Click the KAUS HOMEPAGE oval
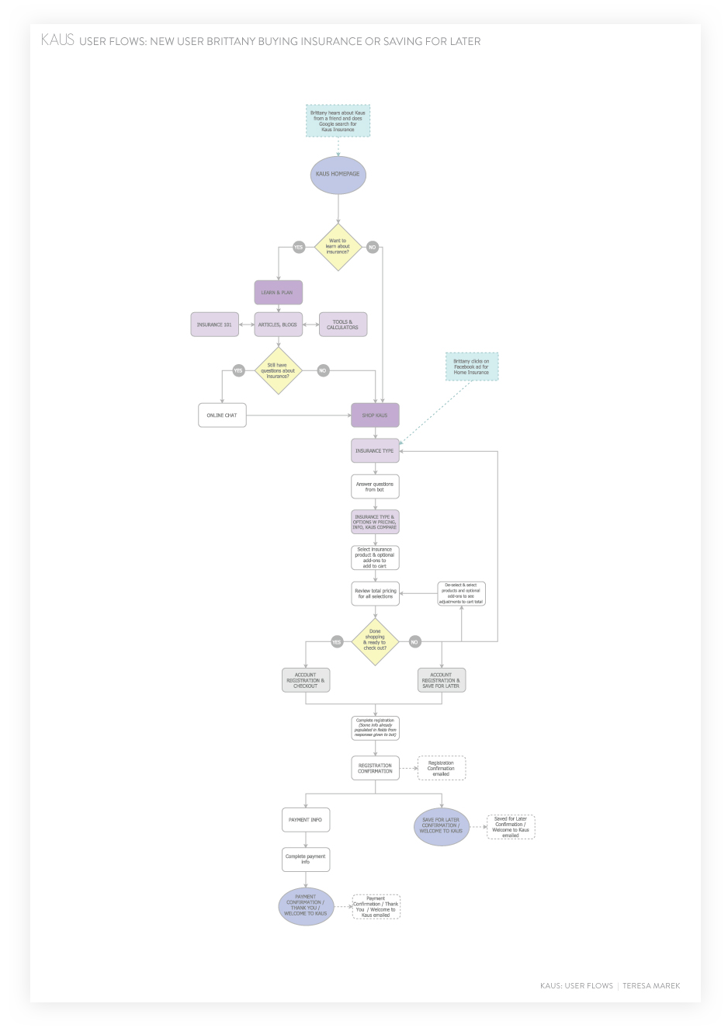coord(338,174)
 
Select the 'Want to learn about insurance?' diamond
coord(338,247)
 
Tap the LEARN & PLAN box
coord(278,293)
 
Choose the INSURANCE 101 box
coord(215,325)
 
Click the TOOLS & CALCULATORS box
coord(342,325)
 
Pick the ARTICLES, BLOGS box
coord(278,325)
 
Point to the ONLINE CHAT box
coord(222,415)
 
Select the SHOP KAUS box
coord(375,415)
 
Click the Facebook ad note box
coord(472,366)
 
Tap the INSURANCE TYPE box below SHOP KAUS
coord(375,450)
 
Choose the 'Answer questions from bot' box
coord(375,487)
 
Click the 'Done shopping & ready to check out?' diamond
coord(375,641)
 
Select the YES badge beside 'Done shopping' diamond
coord(337,642)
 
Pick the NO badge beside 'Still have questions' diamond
coord(323,370)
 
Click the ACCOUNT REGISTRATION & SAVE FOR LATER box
coord(441,680)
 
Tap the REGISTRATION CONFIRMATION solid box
coord(375,768)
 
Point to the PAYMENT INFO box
coord(306,820)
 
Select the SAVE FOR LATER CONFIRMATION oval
coord(441,825)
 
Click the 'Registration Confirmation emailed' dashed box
coord(442,768)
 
